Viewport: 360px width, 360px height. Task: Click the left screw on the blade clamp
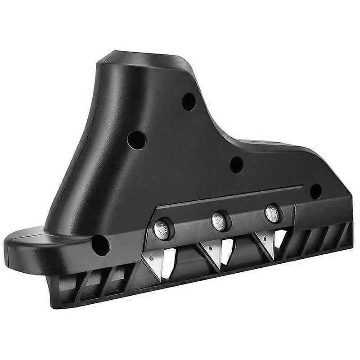[x=162, y=229]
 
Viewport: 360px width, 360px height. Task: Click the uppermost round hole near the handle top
[x=189, y=102]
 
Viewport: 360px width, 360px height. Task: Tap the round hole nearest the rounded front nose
[x=100, y=245]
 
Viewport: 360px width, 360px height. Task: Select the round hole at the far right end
[x=316, y=191]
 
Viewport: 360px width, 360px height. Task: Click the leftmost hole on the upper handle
[x=136, y=140]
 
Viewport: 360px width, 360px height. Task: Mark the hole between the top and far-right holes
[x=237, y=165]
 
